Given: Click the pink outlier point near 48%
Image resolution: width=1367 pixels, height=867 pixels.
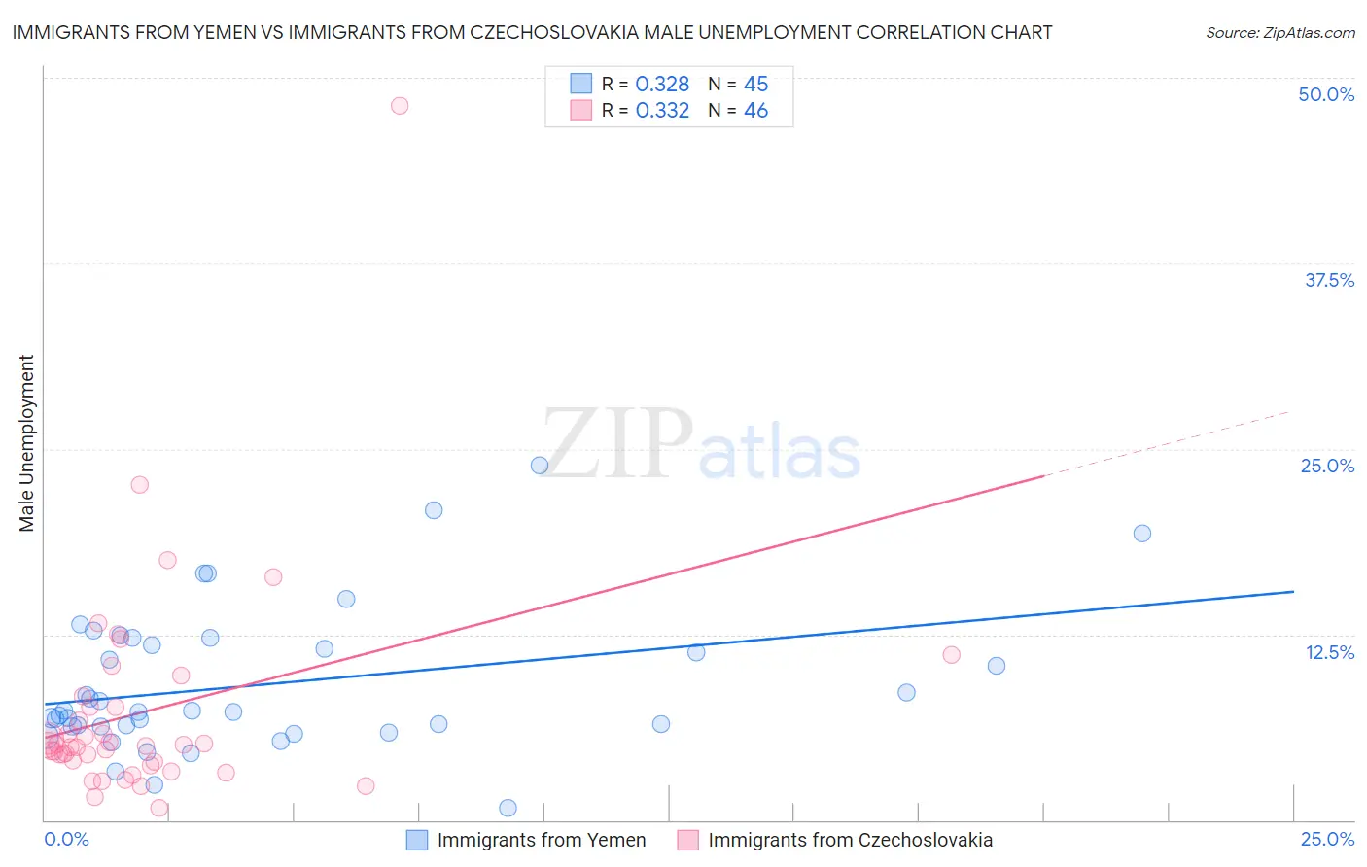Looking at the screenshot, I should click(x=400, y=106).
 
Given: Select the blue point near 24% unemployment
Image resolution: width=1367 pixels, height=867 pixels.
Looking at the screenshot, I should click(x=540, y=466).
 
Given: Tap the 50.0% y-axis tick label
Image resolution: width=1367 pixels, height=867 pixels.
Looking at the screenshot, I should click(x=1326, y=94).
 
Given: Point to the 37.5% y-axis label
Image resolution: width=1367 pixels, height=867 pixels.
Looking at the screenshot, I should click(x=1329, y=280).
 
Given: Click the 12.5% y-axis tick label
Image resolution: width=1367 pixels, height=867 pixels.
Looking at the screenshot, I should click(x=1329, y=652).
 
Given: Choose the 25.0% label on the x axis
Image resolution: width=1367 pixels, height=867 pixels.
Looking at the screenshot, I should click(x=1327, y=839).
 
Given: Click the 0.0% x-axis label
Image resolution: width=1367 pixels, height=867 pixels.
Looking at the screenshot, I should click(x=67, y=839).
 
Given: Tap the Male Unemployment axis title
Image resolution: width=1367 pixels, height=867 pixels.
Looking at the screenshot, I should click(x=27, y=443).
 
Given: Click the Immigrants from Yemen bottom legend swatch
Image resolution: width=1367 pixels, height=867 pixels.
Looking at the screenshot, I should click(x=417, y=840).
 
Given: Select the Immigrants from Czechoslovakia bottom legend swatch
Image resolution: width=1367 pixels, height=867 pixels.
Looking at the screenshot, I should click(x=688, y=840).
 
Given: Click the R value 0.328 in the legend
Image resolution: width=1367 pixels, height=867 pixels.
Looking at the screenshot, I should click(x=662, y=85).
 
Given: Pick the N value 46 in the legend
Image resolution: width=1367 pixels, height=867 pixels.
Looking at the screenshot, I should click(x=755, y=111).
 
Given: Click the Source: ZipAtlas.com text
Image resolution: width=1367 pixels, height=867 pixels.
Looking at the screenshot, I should click(x=1279, y=33).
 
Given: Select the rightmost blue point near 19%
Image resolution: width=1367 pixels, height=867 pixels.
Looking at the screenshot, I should click(x=1142, y=534).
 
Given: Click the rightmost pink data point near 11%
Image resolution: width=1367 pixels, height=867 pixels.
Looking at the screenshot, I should click(x=952, y=655).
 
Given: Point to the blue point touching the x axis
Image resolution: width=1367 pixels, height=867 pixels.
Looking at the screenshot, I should click(x=508, y=808).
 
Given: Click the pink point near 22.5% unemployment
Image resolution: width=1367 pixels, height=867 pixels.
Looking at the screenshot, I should click(x=140, y=485).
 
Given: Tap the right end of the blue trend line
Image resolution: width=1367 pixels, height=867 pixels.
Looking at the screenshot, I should click(x=1293, y=591).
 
